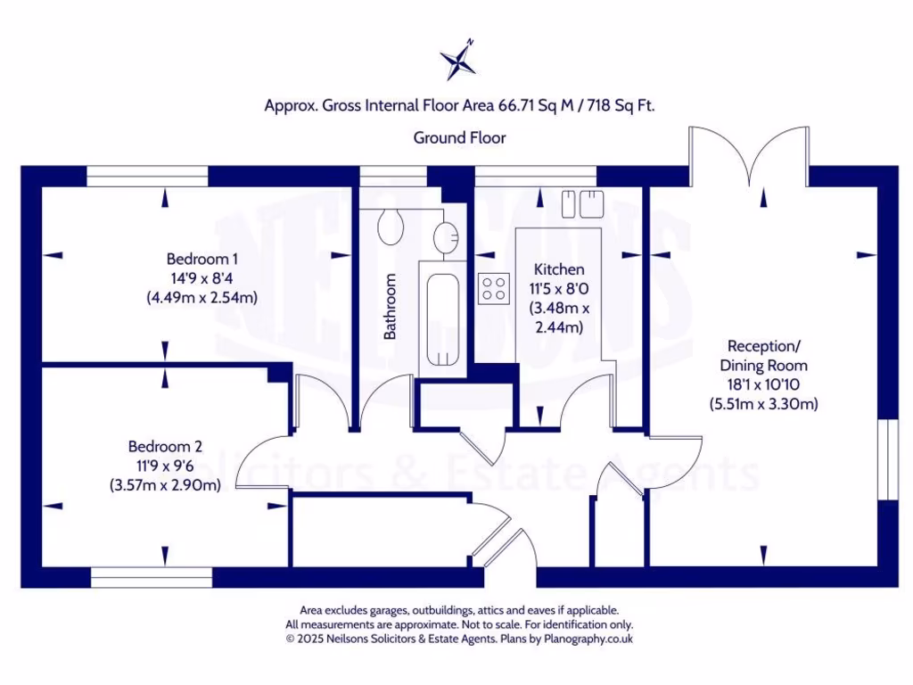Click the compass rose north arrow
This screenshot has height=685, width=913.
458,59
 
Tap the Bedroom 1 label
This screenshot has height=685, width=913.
202,259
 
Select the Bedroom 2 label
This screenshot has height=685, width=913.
165,447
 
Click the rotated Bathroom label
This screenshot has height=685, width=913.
390,307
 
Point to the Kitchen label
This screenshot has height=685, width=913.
559,269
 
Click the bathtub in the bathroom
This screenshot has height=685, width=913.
443,318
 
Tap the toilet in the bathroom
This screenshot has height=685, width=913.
391,226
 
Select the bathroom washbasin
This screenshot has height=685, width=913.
447,236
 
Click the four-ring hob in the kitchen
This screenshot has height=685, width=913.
494,289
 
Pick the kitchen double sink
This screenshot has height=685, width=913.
582,204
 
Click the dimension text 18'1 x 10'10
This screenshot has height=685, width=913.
763,384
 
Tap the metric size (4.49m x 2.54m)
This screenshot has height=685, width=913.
202,298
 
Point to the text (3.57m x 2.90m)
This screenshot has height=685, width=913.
165,485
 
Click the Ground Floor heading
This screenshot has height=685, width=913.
459,138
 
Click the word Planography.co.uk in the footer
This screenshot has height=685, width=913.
588,639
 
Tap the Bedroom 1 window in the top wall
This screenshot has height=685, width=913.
147,177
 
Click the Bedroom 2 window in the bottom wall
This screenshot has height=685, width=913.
152,577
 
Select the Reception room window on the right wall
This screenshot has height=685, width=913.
889,459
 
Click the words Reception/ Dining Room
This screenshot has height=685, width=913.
763,356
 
